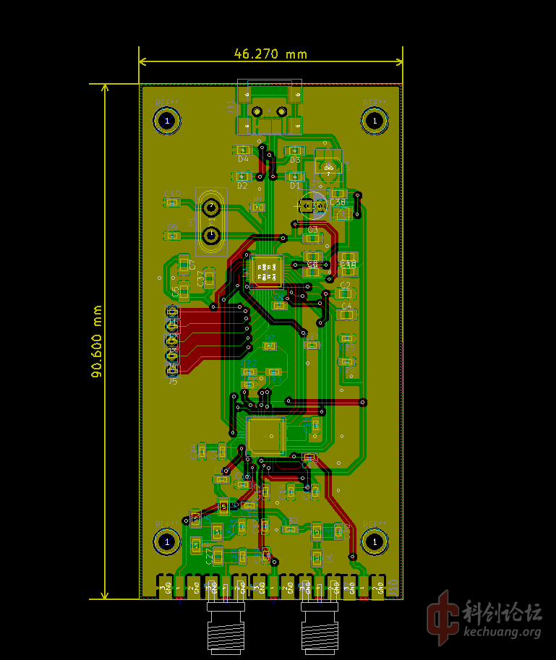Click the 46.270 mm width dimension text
point(270,53)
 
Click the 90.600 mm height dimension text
point(97,340)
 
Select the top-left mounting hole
point(168,121)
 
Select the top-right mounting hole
point(375,120)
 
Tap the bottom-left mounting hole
point(168,541)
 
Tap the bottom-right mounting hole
point(375,540)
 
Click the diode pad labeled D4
point(243,150)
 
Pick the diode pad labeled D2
point(242,176)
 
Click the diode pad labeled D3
point(294,150)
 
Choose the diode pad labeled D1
point(294,176)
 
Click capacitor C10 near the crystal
point(172,202)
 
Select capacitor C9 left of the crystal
point(172,236)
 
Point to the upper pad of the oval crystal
point(211,208)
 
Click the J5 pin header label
point(173,381)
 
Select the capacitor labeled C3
point(312,238)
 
